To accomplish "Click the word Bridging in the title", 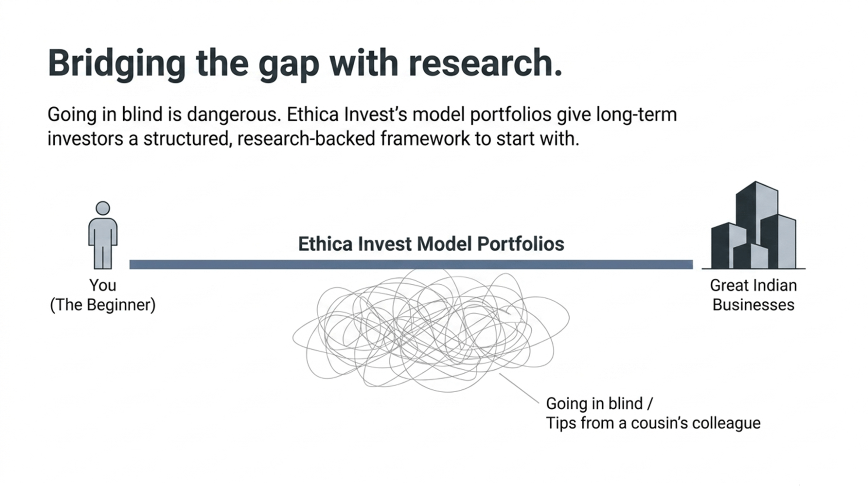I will [x=116, y=63].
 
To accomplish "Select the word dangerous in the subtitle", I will [x=234, y=115].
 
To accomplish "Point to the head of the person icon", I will [x=103, y=208].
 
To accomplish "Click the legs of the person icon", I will [x=103, y=257].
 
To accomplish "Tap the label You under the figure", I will [x=102, y=286].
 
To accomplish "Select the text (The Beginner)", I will [x=102, y=305].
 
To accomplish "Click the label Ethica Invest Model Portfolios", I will [x=431, y=244].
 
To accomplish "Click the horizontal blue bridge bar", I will [x=411, y=265].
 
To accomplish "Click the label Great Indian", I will [x=753, y=286].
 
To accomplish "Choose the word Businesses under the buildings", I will [x=753, y=305].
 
